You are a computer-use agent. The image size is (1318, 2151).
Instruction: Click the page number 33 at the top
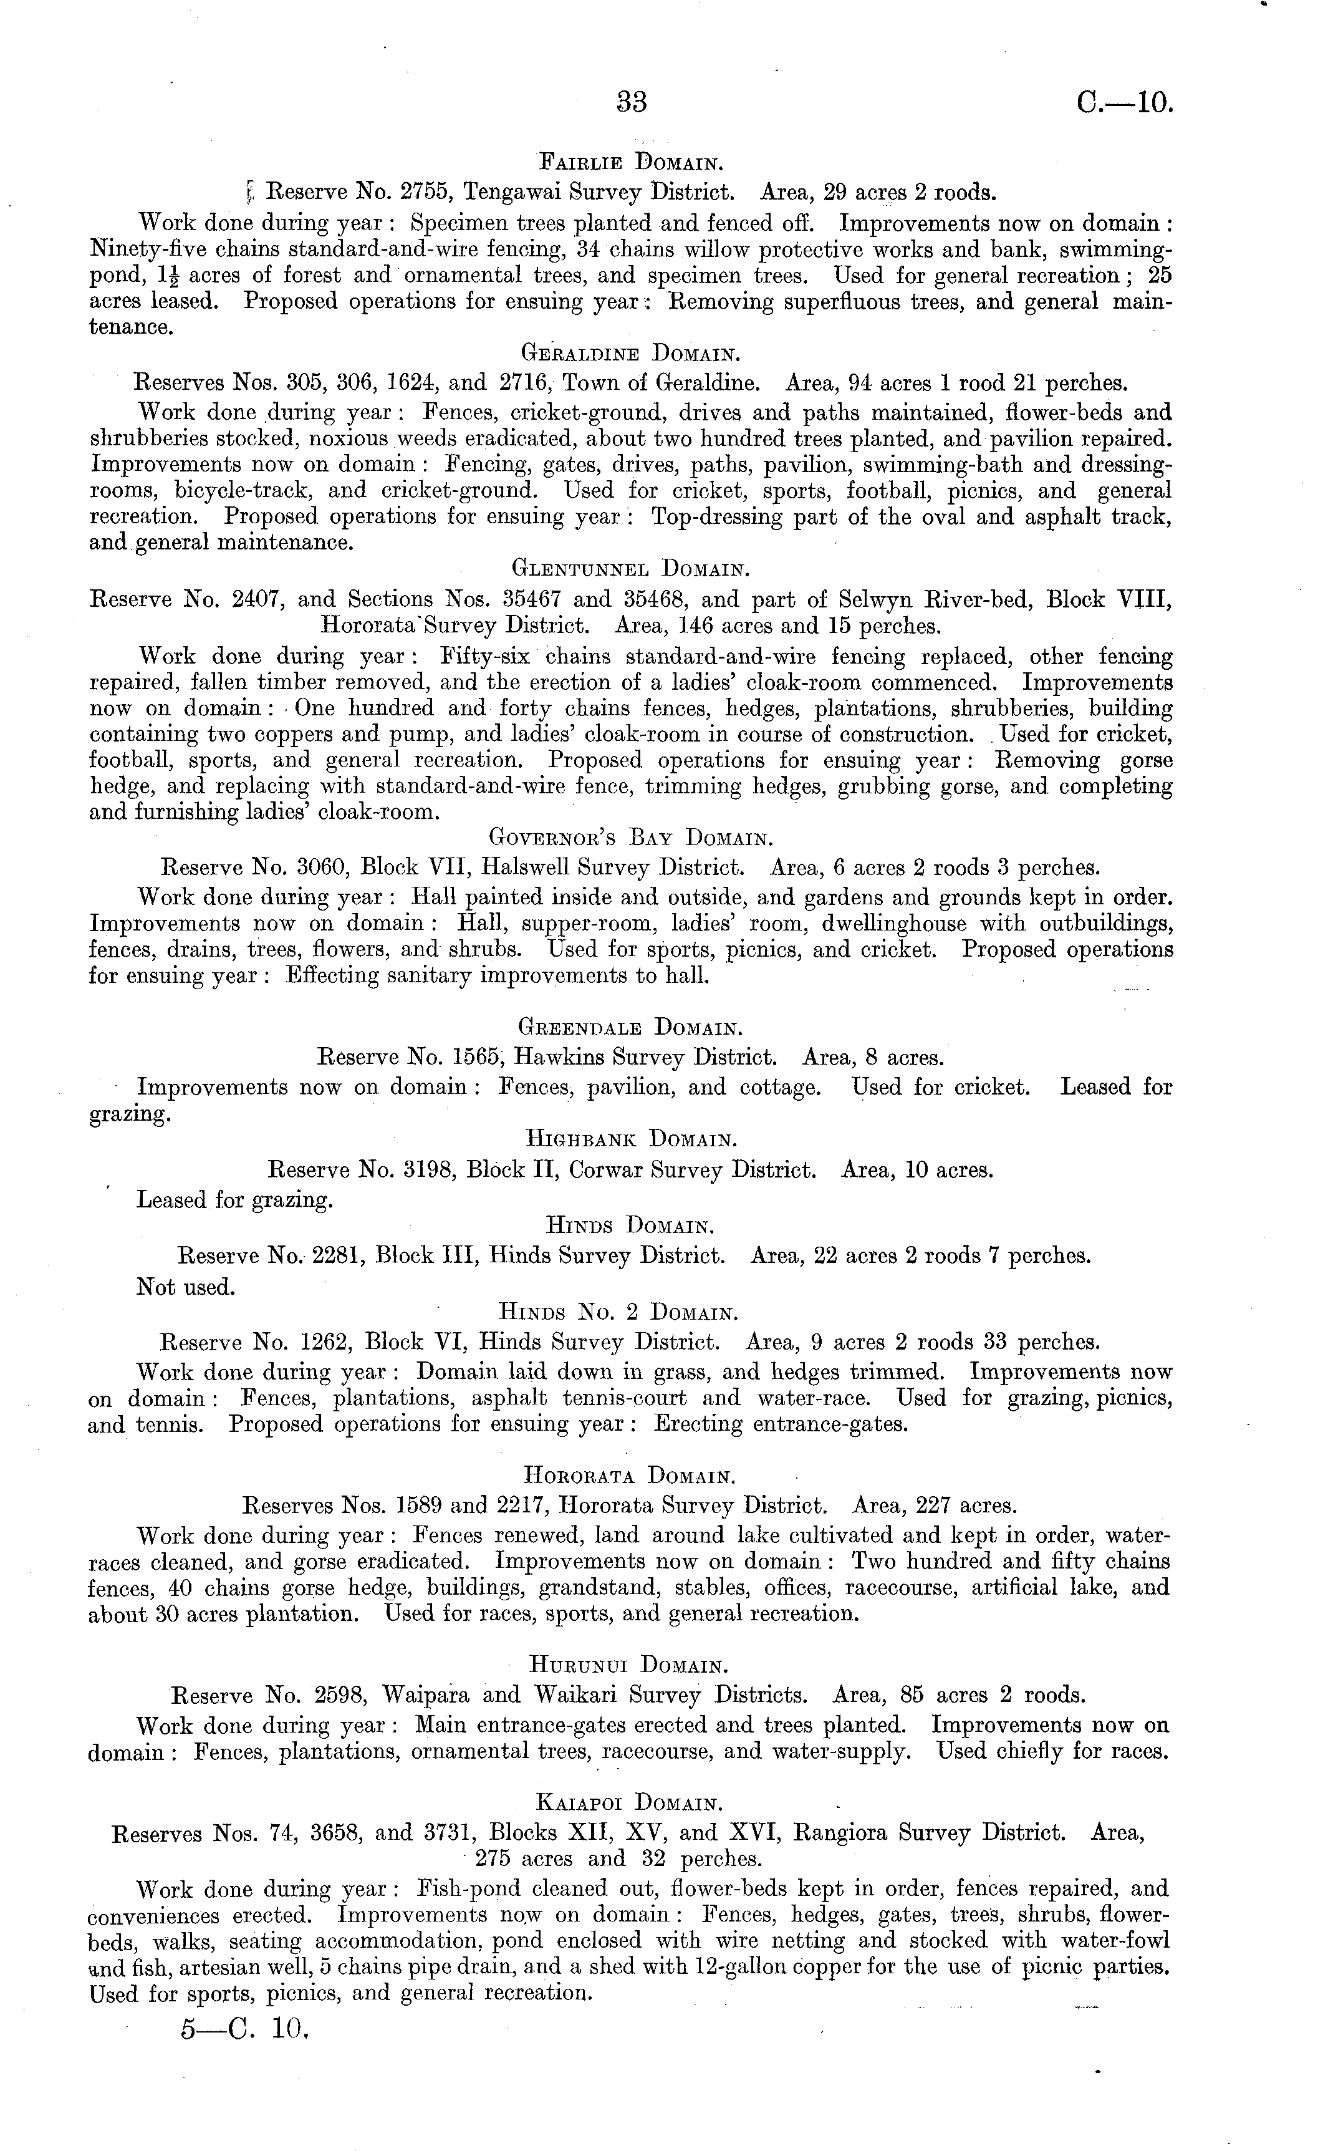point(632,102)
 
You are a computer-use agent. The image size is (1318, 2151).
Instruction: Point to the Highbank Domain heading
point(632,1139)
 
